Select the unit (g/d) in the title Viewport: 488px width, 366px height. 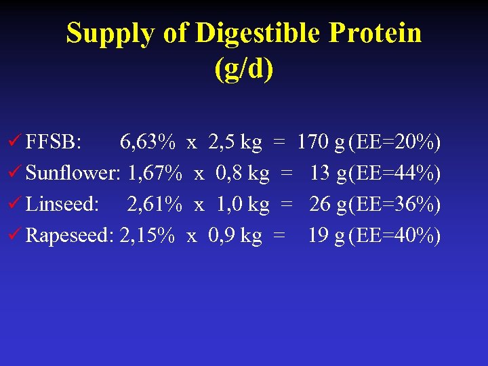point(244,69)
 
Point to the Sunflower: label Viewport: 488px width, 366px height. point(73,174)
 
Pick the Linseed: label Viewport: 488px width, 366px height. point(62,204)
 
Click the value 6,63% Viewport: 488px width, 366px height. point(148,142)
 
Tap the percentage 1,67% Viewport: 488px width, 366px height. point(155,174)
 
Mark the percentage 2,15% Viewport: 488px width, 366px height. point(147,235)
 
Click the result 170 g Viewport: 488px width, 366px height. point(322,142)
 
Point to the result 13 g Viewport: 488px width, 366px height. point(329,174)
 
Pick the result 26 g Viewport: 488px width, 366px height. point(328,204)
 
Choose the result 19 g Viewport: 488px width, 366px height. point(327,235)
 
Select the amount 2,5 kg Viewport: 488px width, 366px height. point(235,142)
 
